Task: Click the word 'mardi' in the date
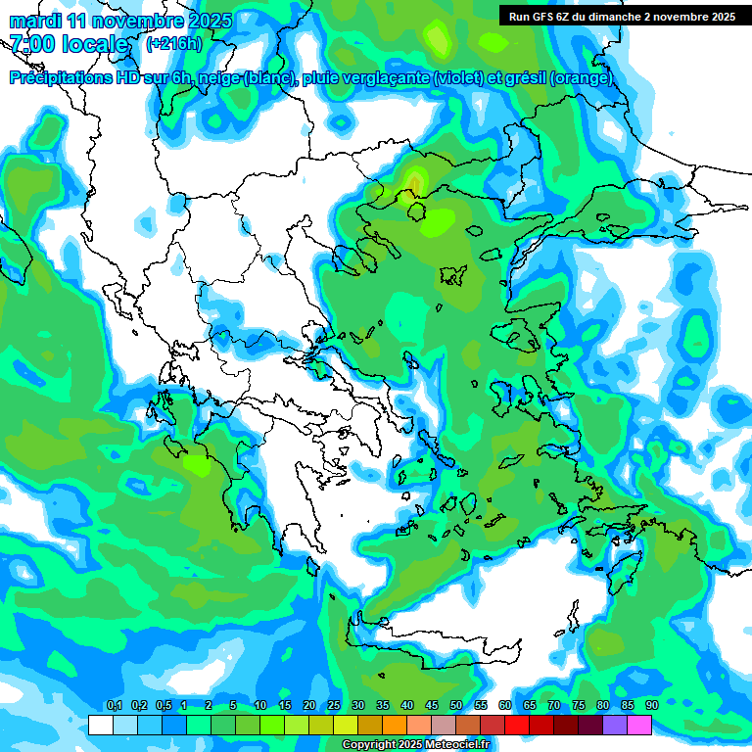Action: click(x=31, y=21)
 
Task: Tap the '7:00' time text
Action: click(x=30, y=44)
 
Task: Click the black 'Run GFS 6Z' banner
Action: click(x=622, y=16)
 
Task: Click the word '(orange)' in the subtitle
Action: click(x=582, y=78)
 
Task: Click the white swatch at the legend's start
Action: click(x=101, y=725)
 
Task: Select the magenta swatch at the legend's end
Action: click(x=639, y=725)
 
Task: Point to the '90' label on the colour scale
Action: click(x=651, y=705)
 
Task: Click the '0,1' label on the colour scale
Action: click(x=114, y=705)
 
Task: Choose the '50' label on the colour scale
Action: click(x=456, y=705)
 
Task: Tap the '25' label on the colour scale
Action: click(x=334, y=705)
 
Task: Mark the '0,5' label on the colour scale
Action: click(x=163, y=705)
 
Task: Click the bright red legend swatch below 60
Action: click(x=517, y=725)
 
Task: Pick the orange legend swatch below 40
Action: click(x=395, y=725)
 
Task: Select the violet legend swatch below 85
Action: click(x=615, y=725)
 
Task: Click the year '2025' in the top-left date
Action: click(x=210, y=21)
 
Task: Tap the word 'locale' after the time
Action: click(x=96, y=44)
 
